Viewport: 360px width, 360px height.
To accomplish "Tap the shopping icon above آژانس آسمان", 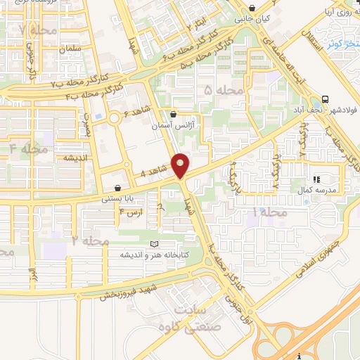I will (174, 114).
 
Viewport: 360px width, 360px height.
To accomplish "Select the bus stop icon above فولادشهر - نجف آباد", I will (324, 99).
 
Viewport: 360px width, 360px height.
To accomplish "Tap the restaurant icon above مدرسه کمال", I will (316, 180).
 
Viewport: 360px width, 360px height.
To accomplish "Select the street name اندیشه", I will (75, 158).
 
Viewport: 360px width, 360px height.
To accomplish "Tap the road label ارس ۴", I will (131, 212).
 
